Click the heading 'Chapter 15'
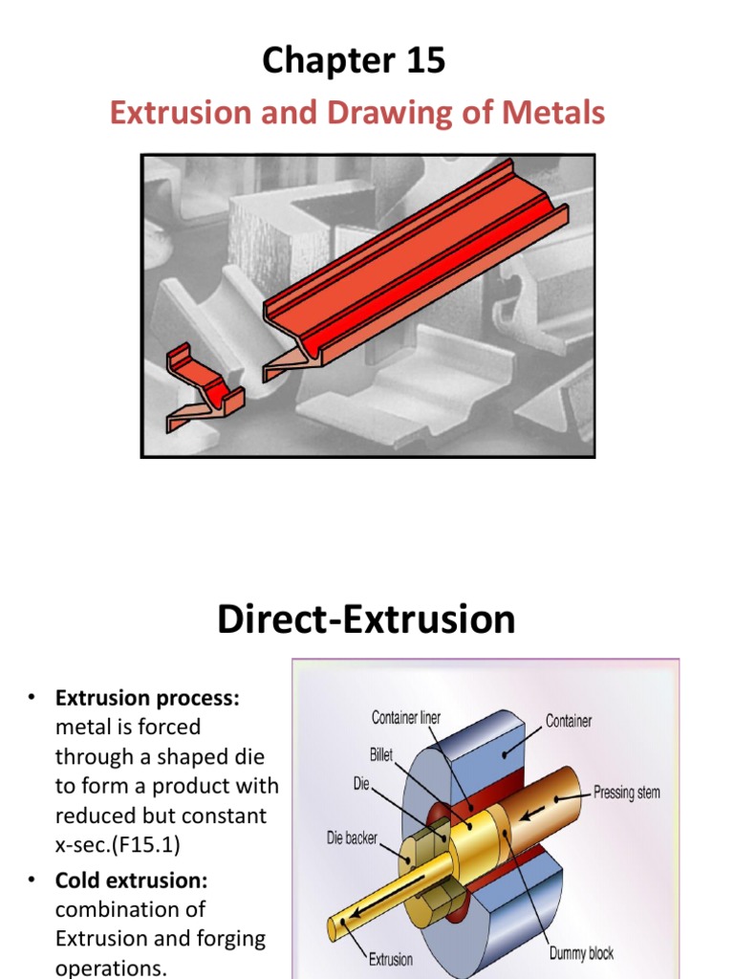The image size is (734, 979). click(x=354, y=61)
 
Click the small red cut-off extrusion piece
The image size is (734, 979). click(x=202, y=390)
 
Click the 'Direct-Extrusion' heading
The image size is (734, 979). click(x=366, y=620)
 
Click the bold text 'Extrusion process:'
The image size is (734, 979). click(x=147, y=699)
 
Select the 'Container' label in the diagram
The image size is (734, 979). click(x=568, y=721)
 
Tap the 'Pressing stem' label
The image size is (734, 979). click(x=626, y=793)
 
